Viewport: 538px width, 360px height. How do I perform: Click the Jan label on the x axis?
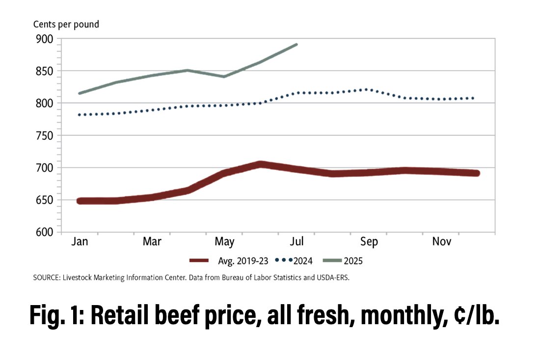pyautogui.click(x=79, y=242)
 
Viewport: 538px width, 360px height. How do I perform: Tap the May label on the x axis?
pyautogui.click(x=224, y=242)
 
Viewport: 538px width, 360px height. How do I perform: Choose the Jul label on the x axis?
pyautogui.click(x=297, y=242)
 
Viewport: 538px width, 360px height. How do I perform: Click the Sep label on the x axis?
pyautogui.click(x=369, y=242)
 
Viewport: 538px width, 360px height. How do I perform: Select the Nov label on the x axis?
pyautogui.click(x=442, y=242)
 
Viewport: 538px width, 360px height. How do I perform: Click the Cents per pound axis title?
pyautogui.click(x=66, y=25)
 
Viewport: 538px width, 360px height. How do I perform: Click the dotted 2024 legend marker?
pyautogui.click(x=284, y=260)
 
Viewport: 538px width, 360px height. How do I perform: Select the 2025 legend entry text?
pyautogui.click(x=352, y=260)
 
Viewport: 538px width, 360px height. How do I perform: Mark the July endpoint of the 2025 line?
pyautogui.click(x=296, y=45)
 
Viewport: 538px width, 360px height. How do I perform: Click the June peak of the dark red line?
pyautogui.click(x=260, y=165)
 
